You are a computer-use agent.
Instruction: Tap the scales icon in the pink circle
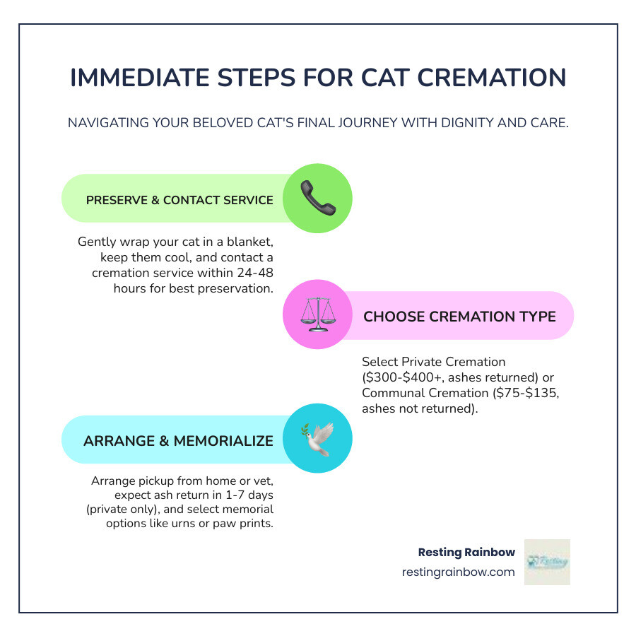pyautogui.click(x=317, y=315)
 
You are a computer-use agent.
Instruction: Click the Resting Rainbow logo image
pyautogui.click(x=547, y=562)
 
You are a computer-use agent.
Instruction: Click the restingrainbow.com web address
pyautogui.click(x=458, y=572)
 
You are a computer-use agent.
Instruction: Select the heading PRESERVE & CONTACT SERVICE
pyautogui.click(x=179, y=200)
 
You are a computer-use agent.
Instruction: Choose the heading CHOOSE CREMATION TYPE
pyautogui.click(x=459, y=316)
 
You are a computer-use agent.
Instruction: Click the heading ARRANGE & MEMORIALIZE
pyautogui.click(x=178, y=441)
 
